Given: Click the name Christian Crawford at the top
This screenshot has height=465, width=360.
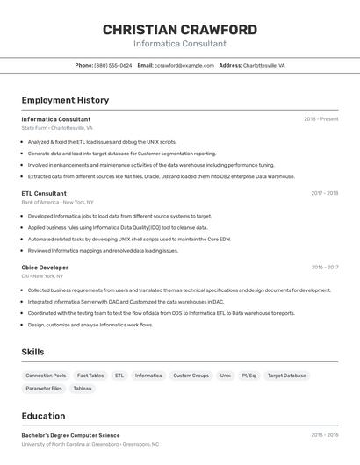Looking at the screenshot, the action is [180, 30].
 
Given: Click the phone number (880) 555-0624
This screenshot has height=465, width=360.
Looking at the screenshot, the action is [113, 65].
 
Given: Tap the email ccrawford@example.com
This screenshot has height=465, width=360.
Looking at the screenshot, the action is [184, 65].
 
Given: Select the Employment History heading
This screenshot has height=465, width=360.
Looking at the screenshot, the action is [65, 100].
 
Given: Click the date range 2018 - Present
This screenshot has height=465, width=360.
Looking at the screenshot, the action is [321, 119].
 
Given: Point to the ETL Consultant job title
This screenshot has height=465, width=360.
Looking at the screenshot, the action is [44, 193].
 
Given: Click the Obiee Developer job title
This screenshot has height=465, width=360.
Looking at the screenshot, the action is [45, 268].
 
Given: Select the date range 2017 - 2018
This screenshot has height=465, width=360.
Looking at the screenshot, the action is [324, 193].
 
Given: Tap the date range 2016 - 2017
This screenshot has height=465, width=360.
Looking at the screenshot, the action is [324, 268].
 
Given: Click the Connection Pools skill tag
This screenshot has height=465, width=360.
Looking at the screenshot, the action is [46, 376].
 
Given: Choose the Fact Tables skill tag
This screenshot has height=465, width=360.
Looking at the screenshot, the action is [90, 376].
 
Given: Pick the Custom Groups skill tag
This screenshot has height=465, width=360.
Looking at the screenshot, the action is [191, 376].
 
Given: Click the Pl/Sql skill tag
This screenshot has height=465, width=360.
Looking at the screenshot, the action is [249, 376].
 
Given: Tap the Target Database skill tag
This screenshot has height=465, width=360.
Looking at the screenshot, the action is [287, 376].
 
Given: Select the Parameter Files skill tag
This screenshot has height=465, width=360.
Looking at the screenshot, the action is [44, 388].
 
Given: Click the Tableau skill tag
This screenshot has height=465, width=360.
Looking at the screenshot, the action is [83, 388].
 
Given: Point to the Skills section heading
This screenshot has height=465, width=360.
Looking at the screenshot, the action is [33, 352].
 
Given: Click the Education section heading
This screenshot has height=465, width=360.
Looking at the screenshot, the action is [43, 416].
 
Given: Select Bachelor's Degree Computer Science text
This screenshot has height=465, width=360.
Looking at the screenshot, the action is [70, 435].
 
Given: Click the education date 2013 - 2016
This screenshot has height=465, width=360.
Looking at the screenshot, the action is [324, 435].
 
